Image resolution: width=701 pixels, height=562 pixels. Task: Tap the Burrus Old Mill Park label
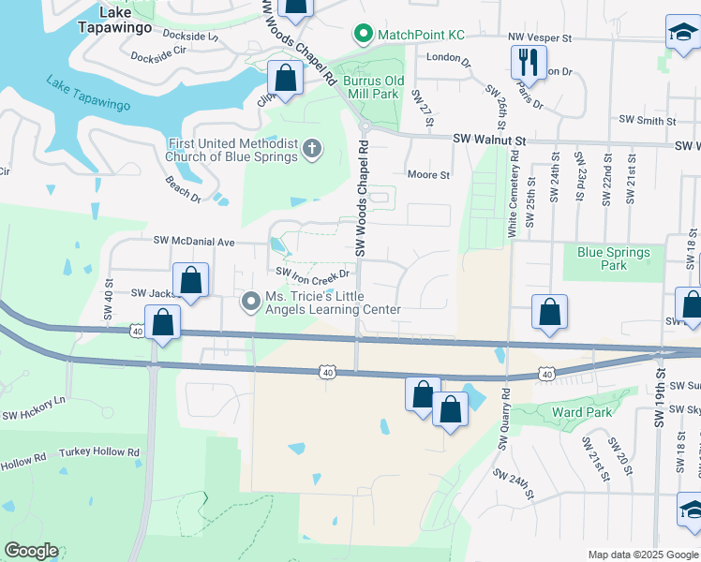click(371, 81)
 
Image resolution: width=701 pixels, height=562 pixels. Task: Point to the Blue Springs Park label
click(614, 259)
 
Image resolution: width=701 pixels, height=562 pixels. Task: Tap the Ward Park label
click(582, 412)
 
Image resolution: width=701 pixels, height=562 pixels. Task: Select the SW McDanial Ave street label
click(194, 241)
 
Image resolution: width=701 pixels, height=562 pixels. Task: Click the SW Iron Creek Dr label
click(312, 273)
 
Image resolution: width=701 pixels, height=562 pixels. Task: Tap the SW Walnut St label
click(490, 140)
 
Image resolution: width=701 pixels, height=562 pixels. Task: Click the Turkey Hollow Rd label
click(99, 452)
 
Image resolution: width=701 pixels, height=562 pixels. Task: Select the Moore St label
click(428, 174)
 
